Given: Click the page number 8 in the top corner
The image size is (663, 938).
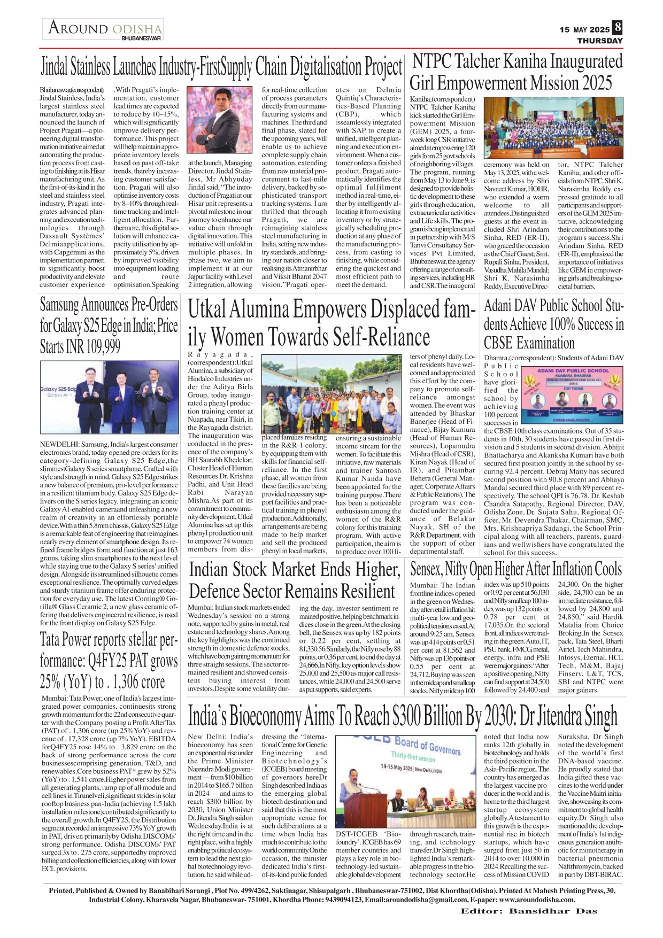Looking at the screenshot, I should coord(618,28).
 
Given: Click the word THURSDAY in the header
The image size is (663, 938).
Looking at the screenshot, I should coord(600,41).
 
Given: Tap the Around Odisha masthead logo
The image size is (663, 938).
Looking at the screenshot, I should coord(104,29).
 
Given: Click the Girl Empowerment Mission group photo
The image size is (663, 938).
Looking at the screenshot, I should coord(553,128).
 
